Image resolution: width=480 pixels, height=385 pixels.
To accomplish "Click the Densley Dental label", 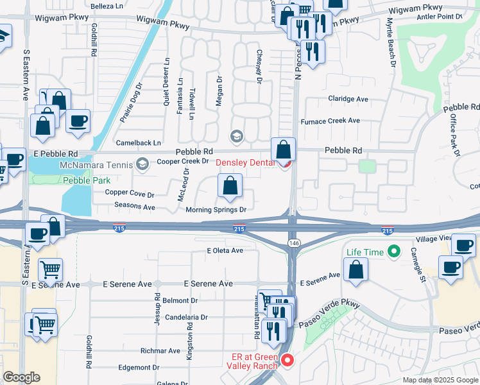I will coord(244,163).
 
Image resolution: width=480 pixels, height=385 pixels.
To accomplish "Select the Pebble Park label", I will coord(87,181).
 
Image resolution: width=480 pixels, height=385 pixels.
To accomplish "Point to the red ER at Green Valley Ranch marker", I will coord(287,361).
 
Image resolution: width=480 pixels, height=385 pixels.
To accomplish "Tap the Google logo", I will coord(22,377).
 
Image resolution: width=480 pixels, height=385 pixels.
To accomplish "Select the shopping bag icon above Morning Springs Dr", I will coord(230,187).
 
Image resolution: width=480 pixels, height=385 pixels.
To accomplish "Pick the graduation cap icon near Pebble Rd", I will coord(237,136).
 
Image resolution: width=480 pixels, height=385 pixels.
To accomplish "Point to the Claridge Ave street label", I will coord(348,99).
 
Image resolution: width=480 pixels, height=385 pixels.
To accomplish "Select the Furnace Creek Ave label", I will coord(330,121).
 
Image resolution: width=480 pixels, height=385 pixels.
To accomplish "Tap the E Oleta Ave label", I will coord(225,251).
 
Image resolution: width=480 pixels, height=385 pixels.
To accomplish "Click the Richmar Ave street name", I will coord(161,351).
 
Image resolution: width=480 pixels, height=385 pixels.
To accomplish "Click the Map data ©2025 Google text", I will coord(440,380).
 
